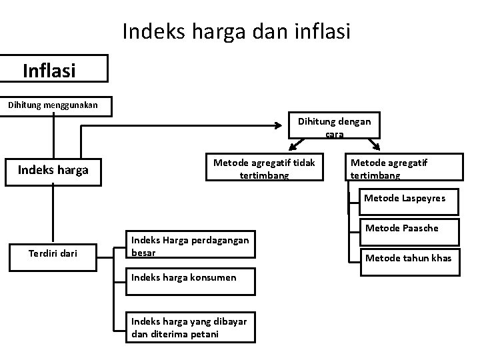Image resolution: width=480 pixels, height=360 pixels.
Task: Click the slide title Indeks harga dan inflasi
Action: [236, 31]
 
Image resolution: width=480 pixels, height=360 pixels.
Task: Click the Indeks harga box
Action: [53, 169]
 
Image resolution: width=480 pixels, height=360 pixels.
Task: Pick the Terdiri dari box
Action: [53, 252]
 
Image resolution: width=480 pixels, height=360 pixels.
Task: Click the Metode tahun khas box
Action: [405, 258]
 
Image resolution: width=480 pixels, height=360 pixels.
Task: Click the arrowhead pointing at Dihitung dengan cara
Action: [281, 124]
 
